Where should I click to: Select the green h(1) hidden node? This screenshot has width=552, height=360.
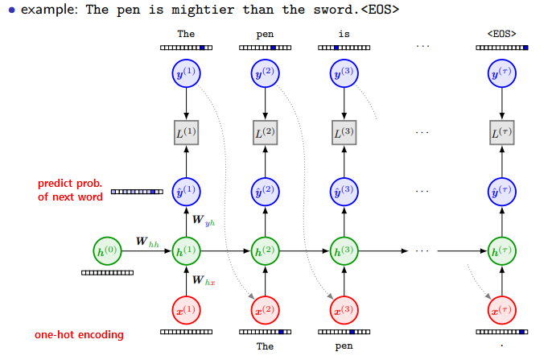186,251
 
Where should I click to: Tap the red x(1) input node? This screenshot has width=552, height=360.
186,310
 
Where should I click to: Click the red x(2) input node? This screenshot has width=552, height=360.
265,310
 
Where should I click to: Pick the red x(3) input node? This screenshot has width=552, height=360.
344,310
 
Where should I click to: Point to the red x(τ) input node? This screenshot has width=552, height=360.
501,310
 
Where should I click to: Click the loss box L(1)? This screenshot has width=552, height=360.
186,132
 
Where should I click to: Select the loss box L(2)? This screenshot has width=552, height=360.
265,132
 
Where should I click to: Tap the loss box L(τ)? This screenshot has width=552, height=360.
501,132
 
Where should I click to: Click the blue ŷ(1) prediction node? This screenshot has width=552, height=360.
186,192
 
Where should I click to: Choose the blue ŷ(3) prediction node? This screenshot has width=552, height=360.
344,192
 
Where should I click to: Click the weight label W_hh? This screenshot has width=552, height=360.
146,241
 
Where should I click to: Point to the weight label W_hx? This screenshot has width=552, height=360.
203,280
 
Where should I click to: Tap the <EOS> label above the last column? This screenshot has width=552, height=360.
501,35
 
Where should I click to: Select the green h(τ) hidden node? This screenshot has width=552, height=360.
501,251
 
